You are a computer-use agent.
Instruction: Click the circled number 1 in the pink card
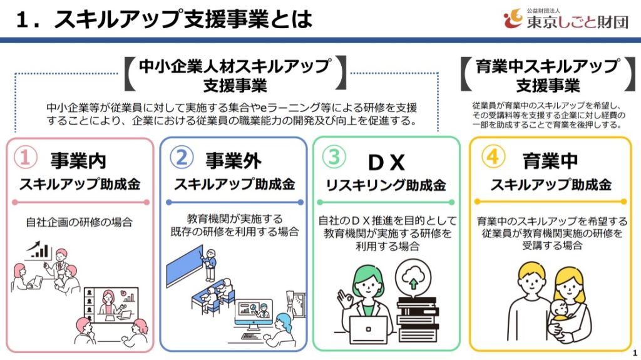[25, 158]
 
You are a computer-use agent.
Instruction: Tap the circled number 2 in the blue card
[182, 158]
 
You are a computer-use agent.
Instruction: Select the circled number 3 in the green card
[334, 158]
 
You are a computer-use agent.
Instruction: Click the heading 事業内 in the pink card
[79, 160]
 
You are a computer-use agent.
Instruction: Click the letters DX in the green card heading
[386, 162]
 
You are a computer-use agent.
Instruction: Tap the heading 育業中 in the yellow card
[549, 160]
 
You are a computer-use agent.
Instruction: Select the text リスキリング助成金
[386, 186]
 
